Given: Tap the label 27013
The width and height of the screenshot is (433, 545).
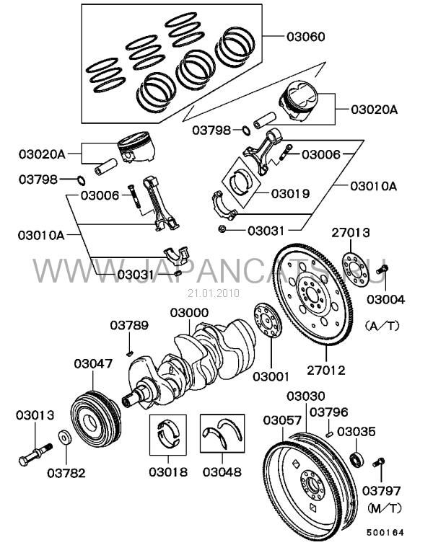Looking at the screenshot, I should [351, 232].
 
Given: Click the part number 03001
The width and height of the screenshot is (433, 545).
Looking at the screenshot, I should [270, 376].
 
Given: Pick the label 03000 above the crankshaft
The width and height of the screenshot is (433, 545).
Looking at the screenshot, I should [190, 314].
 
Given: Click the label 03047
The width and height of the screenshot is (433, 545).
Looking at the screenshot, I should [93, 364].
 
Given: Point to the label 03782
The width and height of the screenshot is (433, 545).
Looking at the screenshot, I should [66, 474].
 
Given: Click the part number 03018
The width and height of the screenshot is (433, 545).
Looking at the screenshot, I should [168, 474].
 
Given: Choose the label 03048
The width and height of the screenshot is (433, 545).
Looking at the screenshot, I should [222, 474].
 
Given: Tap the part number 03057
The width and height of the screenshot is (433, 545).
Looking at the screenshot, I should [281, 420].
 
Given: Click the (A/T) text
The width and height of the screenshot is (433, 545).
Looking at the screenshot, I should [382, 326].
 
